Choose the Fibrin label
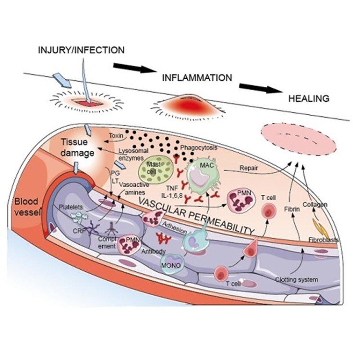tap(293, 210)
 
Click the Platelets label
tap(75, 207)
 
